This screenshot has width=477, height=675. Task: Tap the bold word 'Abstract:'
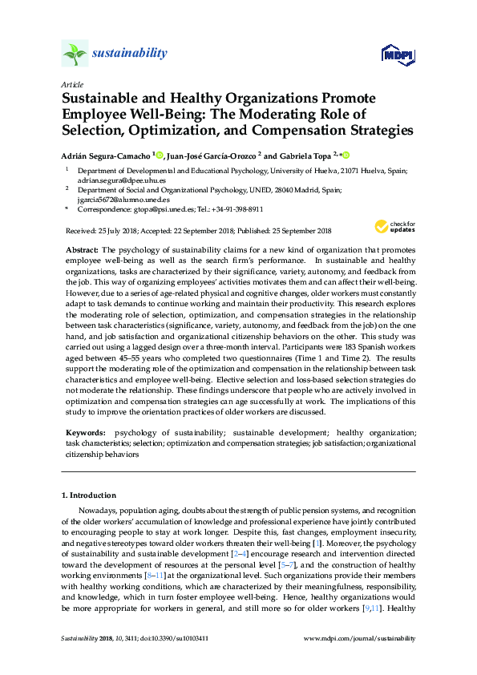pos(82,251)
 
